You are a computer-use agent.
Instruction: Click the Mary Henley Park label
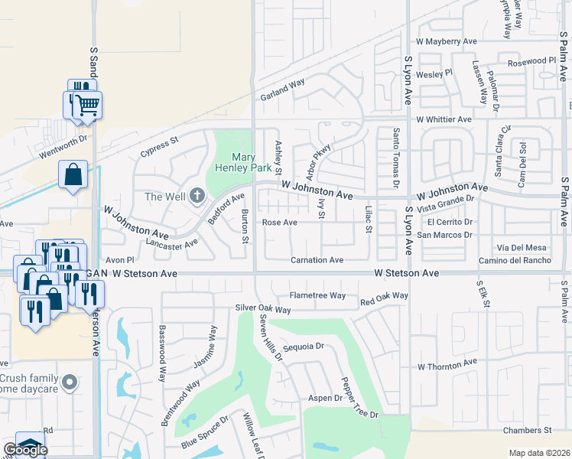click(x=244, y=161)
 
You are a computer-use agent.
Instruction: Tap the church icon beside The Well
click(x=197, y=197)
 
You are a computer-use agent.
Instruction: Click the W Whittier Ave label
click(x=444, y=119)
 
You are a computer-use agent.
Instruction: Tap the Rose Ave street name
click(x=279, y=223)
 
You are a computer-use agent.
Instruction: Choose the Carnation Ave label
click(x=317, y=260)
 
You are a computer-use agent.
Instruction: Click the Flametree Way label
click(x=317, y=295)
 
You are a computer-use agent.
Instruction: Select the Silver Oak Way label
click(x=263, y=309)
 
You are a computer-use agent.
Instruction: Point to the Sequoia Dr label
click(x=304, y=346)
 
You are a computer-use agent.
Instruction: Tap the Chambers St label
click(x=527, y=431)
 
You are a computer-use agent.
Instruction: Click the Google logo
click(x=24, y=449)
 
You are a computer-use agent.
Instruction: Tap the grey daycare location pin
click(x=70, y=381)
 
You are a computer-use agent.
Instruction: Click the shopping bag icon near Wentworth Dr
click(x=73, y=174)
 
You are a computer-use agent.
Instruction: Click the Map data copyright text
click(x=538, y=453)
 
